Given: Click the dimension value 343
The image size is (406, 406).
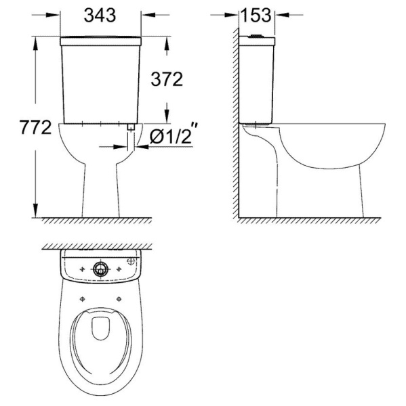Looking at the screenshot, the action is pos(100,16).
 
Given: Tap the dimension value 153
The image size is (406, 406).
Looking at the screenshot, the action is pos(256,16).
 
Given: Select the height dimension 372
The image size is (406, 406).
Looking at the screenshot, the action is pos(167,79).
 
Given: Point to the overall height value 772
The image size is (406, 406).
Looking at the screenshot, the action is pos(36,127).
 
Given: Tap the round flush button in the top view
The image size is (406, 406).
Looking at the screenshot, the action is pos(100,269).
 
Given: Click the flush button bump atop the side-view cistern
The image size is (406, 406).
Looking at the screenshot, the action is pos(256,36).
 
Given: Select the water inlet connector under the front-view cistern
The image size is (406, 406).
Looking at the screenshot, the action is pos(131,127).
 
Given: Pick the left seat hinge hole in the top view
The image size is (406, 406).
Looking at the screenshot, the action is pos(83,299).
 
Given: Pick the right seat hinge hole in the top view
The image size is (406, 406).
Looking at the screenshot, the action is pos(119,299).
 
